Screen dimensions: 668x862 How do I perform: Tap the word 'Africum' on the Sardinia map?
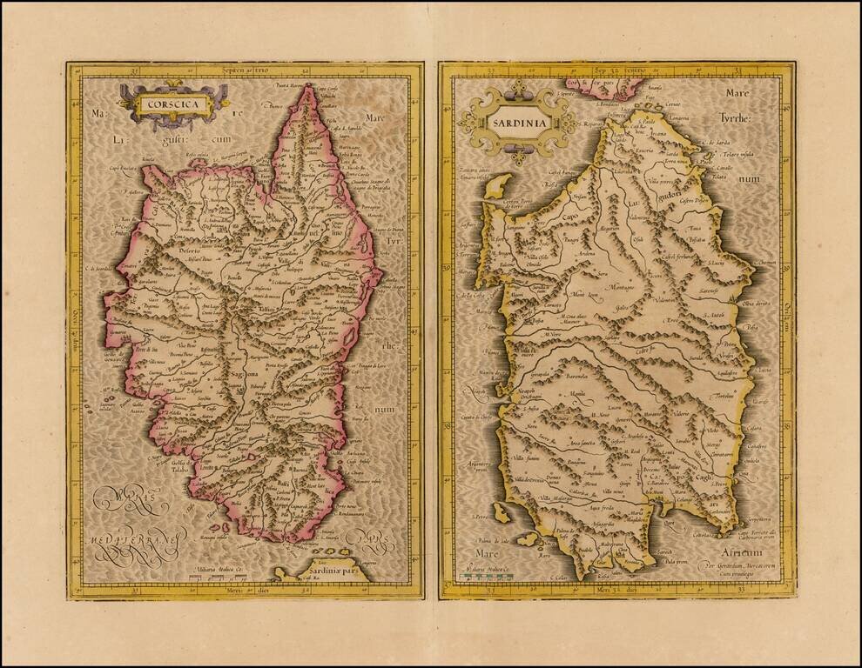[x=741, y=551]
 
